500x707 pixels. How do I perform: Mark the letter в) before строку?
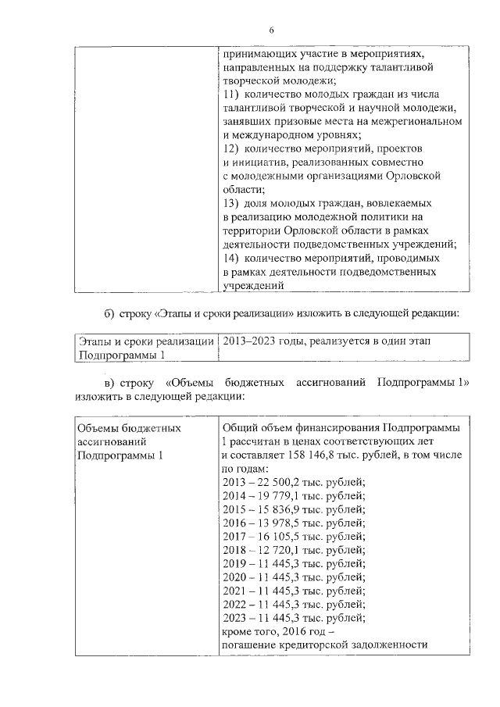click(x=111, y=382)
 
